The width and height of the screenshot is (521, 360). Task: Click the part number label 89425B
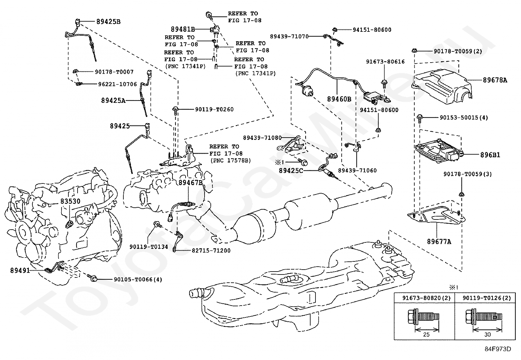tap(108, 22)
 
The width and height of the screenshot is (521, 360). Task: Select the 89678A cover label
tap(495, 80)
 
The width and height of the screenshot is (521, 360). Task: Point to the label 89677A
tap(439, 242)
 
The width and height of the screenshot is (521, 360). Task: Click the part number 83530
tap(70, 201)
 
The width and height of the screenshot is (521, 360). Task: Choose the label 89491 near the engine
tap(20, 271)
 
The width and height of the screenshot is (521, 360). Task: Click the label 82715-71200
tap(211, 251)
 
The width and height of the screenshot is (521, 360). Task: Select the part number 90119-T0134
tap(149, 247)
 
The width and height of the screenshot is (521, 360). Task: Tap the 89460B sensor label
tap(339, 99)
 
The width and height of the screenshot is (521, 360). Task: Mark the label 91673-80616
tap(385, 62)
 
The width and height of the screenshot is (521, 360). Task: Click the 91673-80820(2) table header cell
tap(424, 298)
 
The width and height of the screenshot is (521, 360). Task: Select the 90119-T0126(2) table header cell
tap(487, 298)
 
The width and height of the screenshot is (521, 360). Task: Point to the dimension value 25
tap(426, 335)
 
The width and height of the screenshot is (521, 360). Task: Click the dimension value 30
tap(487, 335)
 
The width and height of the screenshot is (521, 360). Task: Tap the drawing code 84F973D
tap(498, 349)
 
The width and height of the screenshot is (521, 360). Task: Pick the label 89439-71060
tap(357, 170)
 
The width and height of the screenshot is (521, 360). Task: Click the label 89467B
tap(190, 182)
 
